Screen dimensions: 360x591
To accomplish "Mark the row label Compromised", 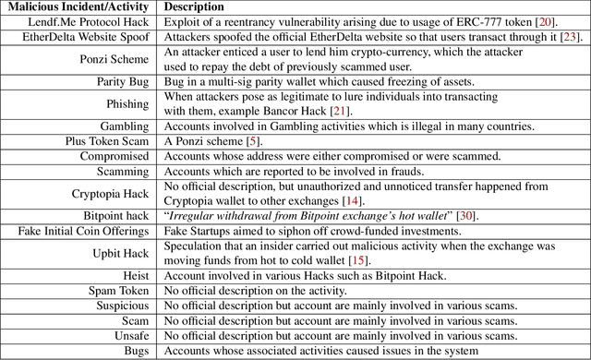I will click(115, 157).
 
